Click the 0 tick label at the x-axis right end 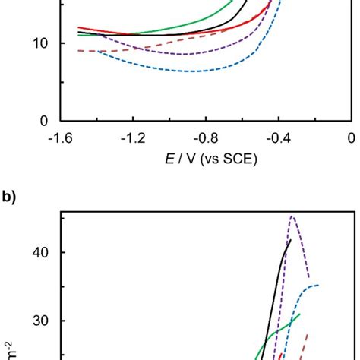click(350, 137)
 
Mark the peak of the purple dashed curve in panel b click(292, 216)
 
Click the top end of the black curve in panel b click(291, 240)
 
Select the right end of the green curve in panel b click(300, 314)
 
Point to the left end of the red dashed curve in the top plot click(79, 51)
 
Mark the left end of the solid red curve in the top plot click(79, 27)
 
